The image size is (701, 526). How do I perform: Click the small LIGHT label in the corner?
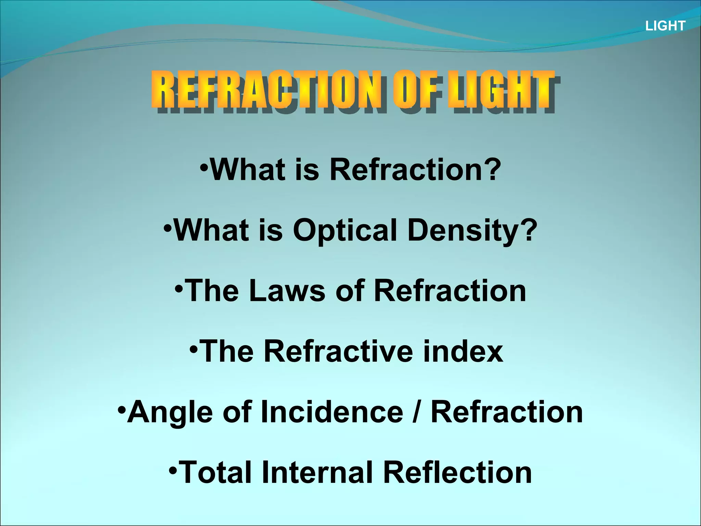point(665,26)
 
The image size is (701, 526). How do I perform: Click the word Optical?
point(345,230)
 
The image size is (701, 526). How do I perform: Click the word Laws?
point(287,291)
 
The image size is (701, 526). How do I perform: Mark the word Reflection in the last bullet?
point(457,473)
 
